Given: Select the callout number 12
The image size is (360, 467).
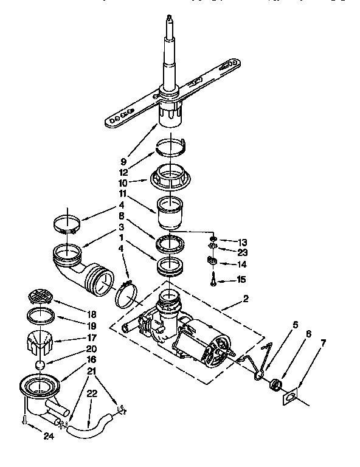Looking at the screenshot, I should click(x=123, y=172).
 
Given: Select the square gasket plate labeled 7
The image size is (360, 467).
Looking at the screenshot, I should click(x=290, y=397).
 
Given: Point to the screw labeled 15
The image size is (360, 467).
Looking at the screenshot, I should click(x=213, y=280).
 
